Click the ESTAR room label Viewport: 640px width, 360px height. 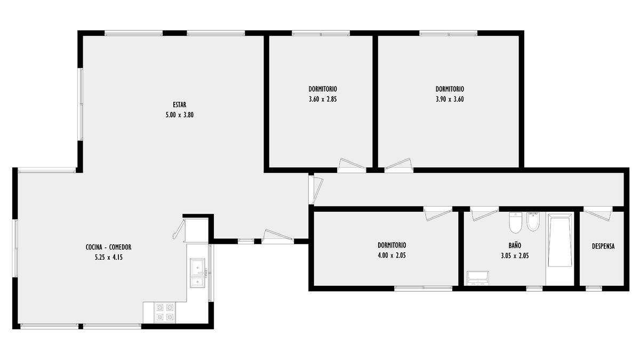pyautogui.click(x=179, y=105)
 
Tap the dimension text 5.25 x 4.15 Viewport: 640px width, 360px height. pyautogui.click(x=109, y=258)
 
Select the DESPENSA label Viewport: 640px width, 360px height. pyautogui.click(x=603, y=246)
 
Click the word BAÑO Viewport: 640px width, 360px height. pyautogui.click(x=515, y=245)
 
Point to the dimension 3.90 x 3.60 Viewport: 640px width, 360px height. pyautogui.click(x=450, y=99)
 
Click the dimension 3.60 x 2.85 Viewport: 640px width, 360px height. pyautogui.click(x=323, y=99)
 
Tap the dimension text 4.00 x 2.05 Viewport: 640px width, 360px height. pyautogui.click(x=391, y=255)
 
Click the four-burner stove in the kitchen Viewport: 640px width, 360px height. pyautogui.click(x=165, y=313)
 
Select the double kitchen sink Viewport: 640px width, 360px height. pyautogui.click(x=198, y=273)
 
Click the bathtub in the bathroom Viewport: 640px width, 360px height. pyautogui.click(x=560, y=242)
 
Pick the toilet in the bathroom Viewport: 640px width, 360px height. pyautogui.click(x=516, y=222)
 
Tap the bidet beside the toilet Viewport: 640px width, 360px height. pyautogui.click(x=533, y=221)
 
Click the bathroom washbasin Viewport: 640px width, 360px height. pyautogui.click(x=478, y=278)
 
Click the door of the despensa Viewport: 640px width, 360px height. pyautogui.click(x=598, y=213)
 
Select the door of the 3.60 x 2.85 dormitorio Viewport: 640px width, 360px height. pyautogui.click(x=351, y=165)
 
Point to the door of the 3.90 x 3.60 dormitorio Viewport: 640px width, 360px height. pyautogui.click(x=398, y=165)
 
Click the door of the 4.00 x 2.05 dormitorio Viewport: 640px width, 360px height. pyautogui.click(x=438, y=213)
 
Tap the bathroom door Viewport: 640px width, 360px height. pyautogui.click(x=484, y=213)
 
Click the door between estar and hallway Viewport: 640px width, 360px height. pyautogui.click(x=316, y=190)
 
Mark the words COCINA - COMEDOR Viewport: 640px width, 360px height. pyautogui.click(x=109, y=247)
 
